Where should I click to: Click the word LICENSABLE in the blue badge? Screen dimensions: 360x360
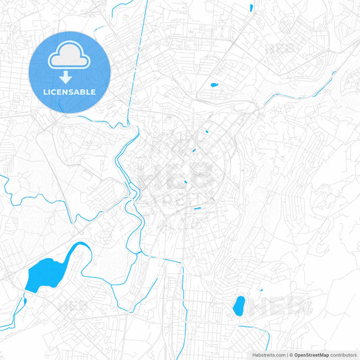(x=70, y=92)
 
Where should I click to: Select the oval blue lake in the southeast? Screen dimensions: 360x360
(x=238, y=306)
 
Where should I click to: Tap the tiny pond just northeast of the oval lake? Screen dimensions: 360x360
(x=261, y=290)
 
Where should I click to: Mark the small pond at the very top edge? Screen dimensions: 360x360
(x=251, y=7)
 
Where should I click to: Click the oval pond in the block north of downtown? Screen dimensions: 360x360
(x=214, y=85)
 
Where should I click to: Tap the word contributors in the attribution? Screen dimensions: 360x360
(x=344, y=354)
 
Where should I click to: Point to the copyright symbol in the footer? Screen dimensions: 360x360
(x=291, y=354)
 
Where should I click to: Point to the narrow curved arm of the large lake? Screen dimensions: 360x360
(x=76, y=249)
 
